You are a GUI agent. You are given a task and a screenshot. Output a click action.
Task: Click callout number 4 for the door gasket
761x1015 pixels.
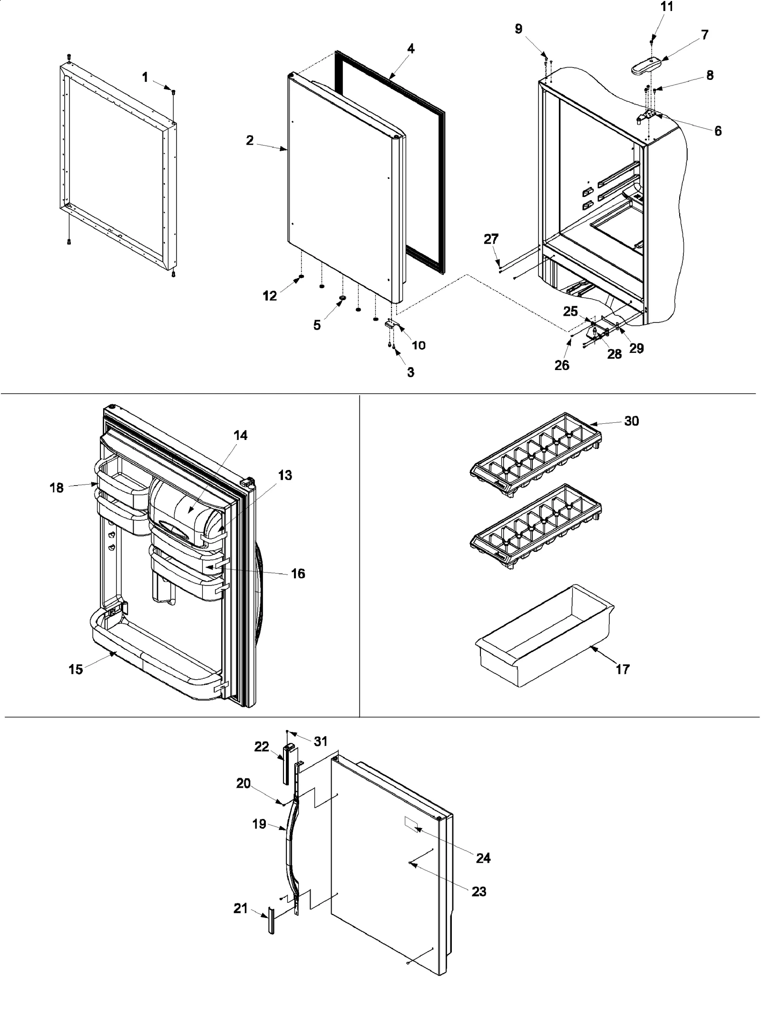point(410,49)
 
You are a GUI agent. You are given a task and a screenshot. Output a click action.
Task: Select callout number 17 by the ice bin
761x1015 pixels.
point(622,669)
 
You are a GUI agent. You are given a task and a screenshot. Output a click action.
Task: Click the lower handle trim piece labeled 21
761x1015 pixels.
point(271,921)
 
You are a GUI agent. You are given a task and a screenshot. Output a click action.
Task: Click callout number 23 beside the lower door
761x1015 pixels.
point(478,891)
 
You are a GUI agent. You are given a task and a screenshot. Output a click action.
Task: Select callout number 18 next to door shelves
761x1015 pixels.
point(56,488)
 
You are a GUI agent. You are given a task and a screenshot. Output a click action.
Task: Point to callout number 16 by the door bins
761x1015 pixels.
point(298,574)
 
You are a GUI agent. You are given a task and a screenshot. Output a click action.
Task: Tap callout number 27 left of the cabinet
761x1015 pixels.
point(491,239)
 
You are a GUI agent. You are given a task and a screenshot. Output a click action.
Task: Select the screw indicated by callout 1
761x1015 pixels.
point(173,91)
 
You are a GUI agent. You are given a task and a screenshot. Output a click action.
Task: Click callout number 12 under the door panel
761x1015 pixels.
point(270,295)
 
